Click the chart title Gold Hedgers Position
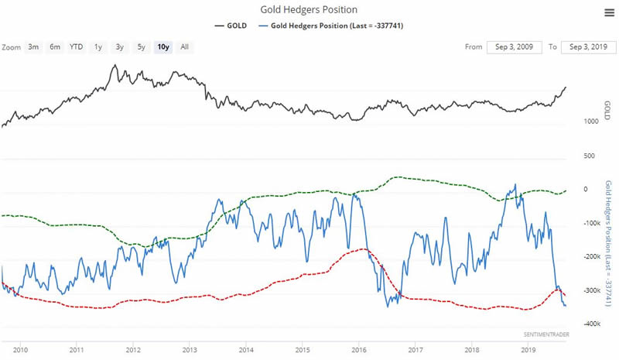pos(309,10)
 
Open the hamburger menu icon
pos(609,12)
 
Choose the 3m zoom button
pos(33,46)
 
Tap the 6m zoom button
pos(54,46)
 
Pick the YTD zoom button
pos(76,46)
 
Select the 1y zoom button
pos(97,46)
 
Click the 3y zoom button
pos(119,46)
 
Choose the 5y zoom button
pos(141,46)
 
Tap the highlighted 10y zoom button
pos(162,46)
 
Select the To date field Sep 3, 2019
pos(587,46)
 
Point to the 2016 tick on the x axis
pos(359,349)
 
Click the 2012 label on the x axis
pos(133,349)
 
